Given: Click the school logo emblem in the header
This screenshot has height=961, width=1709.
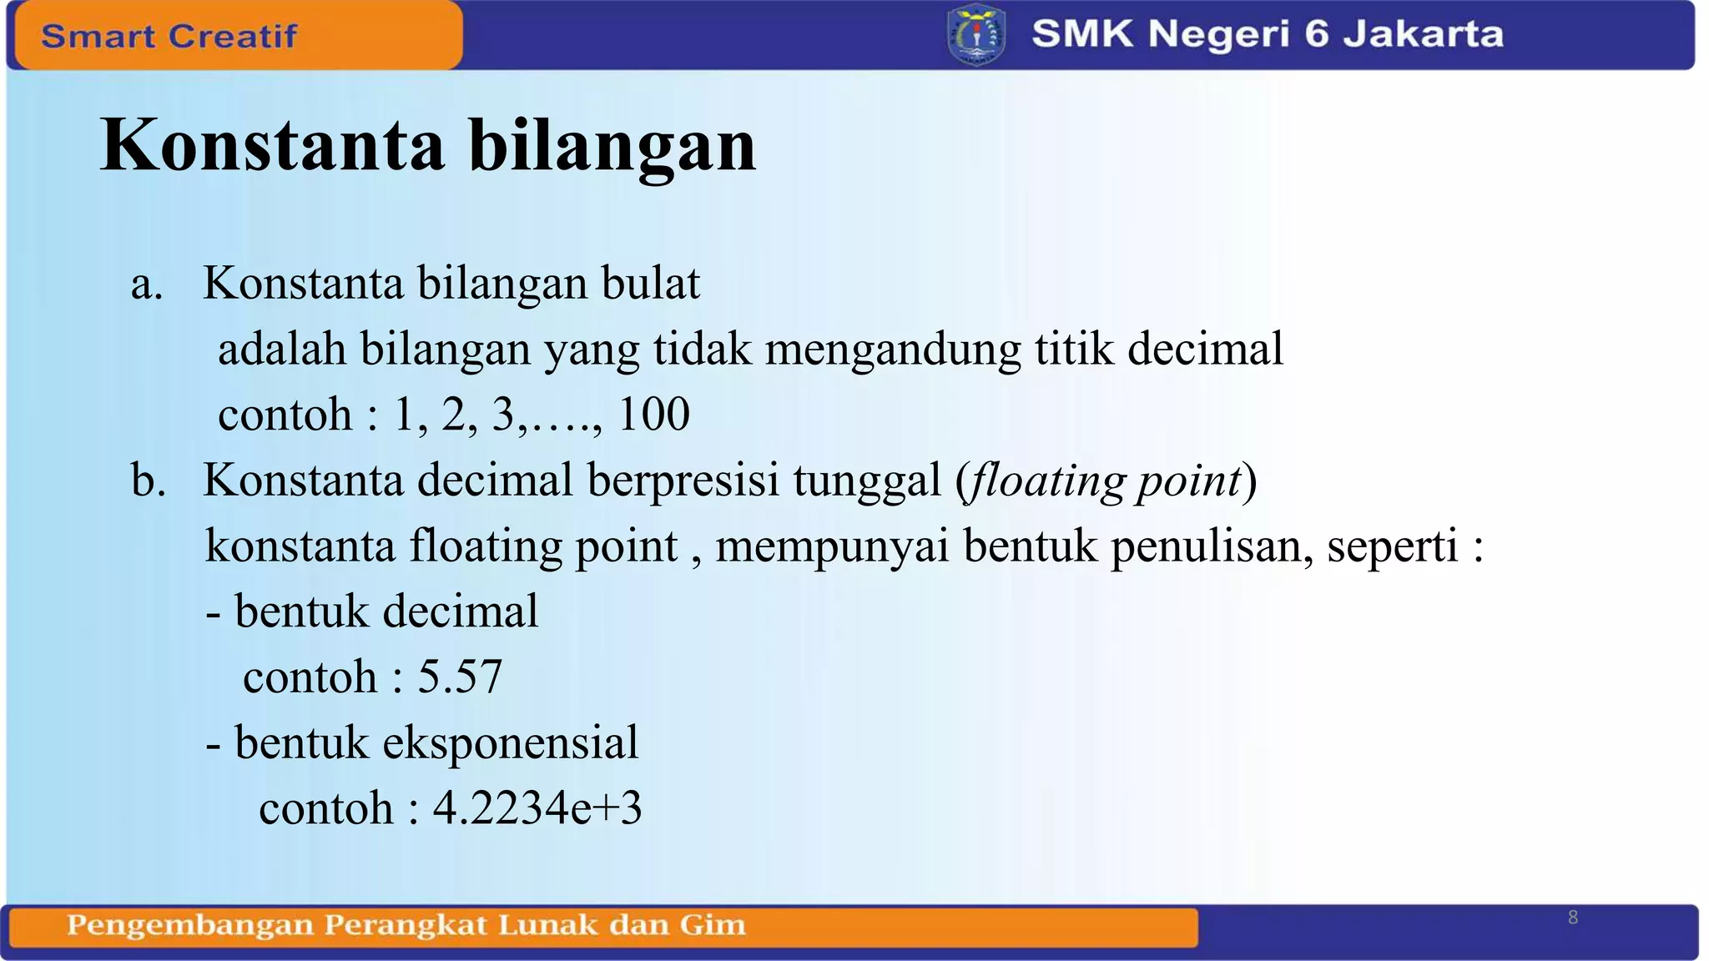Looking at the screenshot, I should click(x=976, y=35).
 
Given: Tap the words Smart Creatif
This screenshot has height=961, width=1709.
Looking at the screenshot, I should click(x=169, y=36).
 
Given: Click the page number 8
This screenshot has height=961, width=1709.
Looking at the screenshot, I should click(x=1573, y=918).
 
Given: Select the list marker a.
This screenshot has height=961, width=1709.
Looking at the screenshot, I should click(x=146, y=284).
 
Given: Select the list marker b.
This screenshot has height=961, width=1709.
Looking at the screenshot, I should click(x=148, y=481).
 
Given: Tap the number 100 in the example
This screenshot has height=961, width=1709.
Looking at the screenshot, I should click(x=653, y=415).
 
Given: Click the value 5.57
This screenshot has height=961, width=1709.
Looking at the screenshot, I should click(x=460, y=677).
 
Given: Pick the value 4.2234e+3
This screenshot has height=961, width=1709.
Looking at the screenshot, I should click(x=537, y=808).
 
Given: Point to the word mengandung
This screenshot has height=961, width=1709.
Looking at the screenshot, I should click(x=893, y=350).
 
